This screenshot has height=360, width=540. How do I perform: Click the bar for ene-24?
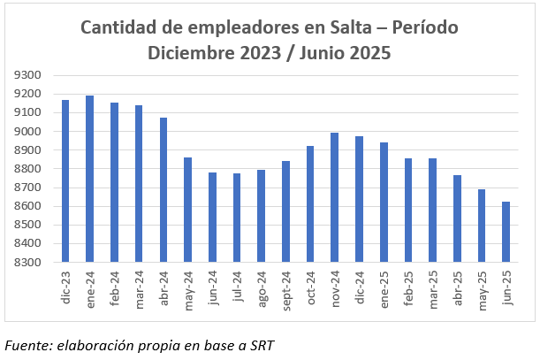90,179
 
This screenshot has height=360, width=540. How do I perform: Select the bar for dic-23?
65,181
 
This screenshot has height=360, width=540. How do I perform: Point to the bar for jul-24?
237,218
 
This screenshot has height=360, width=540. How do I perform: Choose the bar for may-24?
188,210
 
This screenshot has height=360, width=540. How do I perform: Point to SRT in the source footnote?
260,344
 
